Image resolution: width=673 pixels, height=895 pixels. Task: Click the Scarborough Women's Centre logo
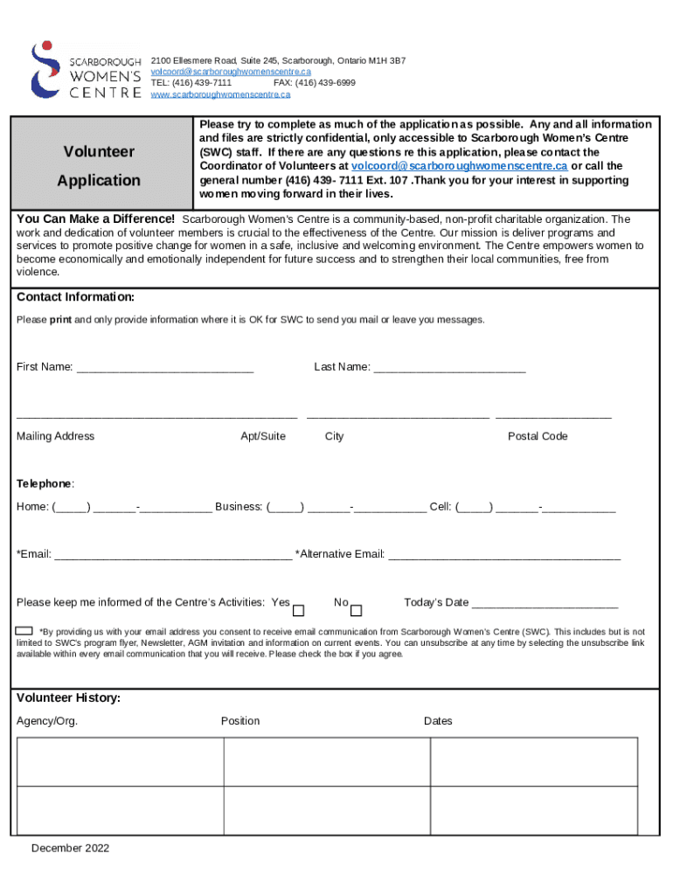(85, 70)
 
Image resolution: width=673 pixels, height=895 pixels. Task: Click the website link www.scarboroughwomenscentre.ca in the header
(220, 94)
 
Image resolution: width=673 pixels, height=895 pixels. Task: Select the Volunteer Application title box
(100, 165)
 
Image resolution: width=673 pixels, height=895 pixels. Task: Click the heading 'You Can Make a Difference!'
(95, 219)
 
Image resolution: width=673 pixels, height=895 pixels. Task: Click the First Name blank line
(165, 368)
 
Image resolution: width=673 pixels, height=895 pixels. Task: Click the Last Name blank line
(449, 368)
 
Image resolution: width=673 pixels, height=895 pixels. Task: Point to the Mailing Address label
(55, 436)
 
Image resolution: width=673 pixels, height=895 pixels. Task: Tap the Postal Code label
(538, 436)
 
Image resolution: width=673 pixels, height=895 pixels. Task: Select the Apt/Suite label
(262, 436)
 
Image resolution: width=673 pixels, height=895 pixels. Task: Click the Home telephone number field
(131, 507)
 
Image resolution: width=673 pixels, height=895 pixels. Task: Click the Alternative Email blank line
(504, 555)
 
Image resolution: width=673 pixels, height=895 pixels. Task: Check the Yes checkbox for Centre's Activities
(299, 610)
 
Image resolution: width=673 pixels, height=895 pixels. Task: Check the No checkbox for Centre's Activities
(356, 610)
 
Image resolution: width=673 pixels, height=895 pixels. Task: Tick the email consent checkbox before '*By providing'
(24, 631)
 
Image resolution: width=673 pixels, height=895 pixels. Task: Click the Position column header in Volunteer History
(240, 721)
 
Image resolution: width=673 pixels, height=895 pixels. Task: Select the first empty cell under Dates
(533, 761)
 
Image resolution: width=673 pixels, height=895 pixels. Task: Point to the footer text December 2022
(70, 848)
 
